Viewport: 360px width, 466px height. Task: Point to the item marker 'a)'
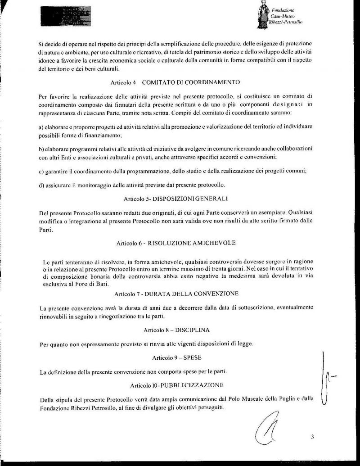[x=42, y=127]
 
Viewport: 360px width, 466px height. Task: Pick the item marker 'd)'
[x=42, y=185]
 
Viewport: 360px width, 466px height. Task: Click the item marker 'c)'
[x=42, y=170]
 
